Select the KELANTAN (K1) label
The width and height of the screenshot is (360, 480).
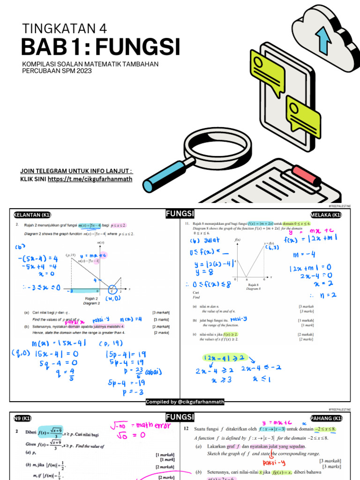pyautogui.click(x=31, y=215)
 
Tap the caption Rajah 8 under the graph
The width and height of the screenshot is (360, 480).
pyautogui.click(x=254, y=284)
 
